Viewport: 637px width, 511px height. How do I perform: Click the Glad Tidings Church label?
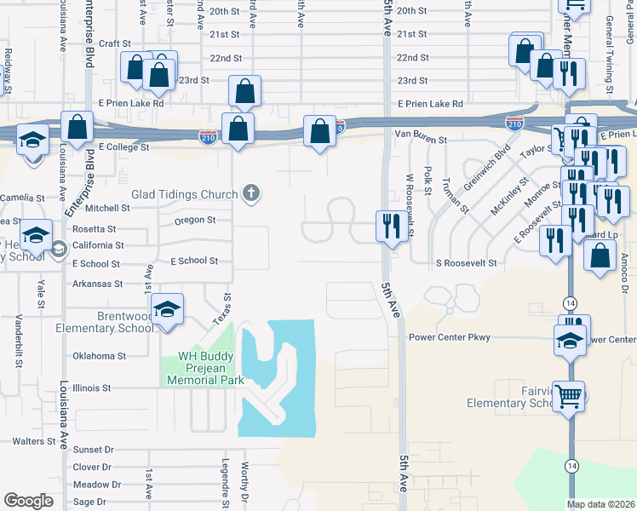pyautogui.click(x=184, y=194)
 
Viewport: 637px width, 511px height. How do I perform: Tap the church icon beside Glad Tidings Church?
pyautogui.click(x=250, y=194)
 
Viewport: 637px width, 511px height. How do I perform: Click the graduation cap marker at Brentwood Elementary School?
pyautogui.click(x=168, y=311)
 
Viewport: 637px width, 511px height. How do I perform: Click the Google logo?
pyautogui.click(x=29, y=501)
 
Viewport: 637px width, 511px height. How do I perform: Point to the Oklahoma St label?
pyautogui.click(x=99, y=356)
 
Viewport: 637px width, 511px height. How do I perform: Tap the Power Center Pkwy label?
pyautogui.click(x=449, y=337)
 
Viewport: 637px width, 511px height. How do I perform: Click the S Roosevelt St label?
pyautogui.click(x=465, y=263)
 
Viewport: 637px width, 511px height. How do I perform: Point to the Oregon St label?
pyautogui.click(x=194, y=220)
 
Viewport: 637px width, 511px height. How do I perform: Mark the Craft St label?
pyautogui.click(x=114, y=43)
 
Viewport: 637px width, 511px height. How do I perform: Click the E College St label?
pyautogui.click(x=124, y=147)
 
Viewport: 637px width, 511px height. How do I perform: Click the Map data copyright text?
pyautogui.click(x=600, y=504)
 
